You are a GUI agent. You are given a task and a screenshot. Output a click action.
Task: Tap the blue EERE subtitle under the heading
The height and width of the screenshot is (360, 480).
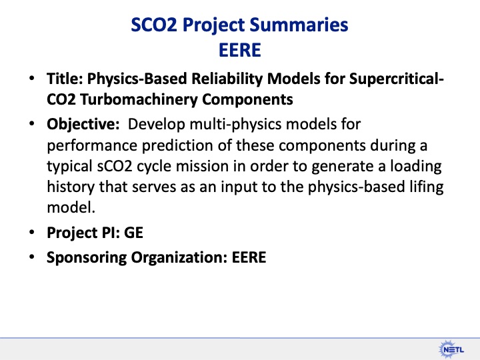(240, 49)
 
